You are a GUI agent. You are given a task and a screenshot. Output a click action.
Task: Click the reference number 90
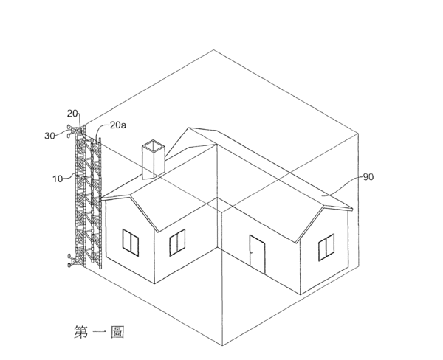(368, 177)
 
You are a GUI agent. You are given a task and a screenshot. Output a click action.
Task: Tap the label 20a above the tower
(118, 125)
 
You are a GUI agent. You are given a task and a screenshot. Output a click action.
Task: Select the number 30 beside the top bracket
(49, 136)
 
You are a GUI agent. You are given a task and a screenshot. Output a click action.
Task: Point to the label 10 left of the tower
(58, 179)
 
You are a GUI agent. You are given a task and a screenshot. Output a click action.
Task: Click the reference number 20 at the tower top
(72, 114)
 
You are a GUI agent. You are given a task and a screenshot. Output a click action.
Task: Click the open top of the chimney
(153, 145)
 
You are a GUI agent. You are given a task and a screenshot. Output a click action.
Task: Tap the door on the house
(257, 255)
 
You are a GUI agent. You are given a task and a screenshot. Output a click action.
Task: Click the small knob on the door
(252, 253)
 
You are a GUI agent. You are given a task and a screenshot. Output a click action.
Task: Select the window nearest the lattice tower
(131, 243)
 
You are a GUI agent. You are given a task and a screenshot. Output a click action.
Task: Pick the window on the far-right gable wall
(326, 247)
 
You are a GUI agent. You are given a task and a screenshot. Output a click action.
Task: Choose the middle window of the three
(177, 243)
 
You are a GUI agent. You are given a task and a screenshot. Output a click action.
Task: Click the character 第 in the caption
(80, 332)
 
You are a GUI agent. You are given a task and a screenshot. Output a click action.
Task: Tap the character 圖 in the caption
(117, 332)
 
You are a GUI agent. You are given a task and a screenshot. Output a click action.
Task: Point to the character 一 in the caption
(99, 332)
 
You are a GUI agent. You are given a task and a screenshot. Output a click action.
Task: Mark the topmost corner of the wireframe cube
(213, 50)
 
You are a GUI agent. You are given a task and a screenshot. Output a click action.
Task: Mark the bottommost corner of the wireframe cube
(222, 345)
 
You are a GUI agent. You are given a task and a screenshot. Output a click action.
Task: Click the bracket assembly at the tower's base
(74, 260)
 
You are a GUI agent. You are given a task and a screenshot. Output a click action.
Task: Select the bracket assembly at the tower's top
(74, 131)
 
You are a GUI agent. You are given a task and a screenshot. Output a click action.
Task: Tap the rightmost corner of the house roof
(353, 210)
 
